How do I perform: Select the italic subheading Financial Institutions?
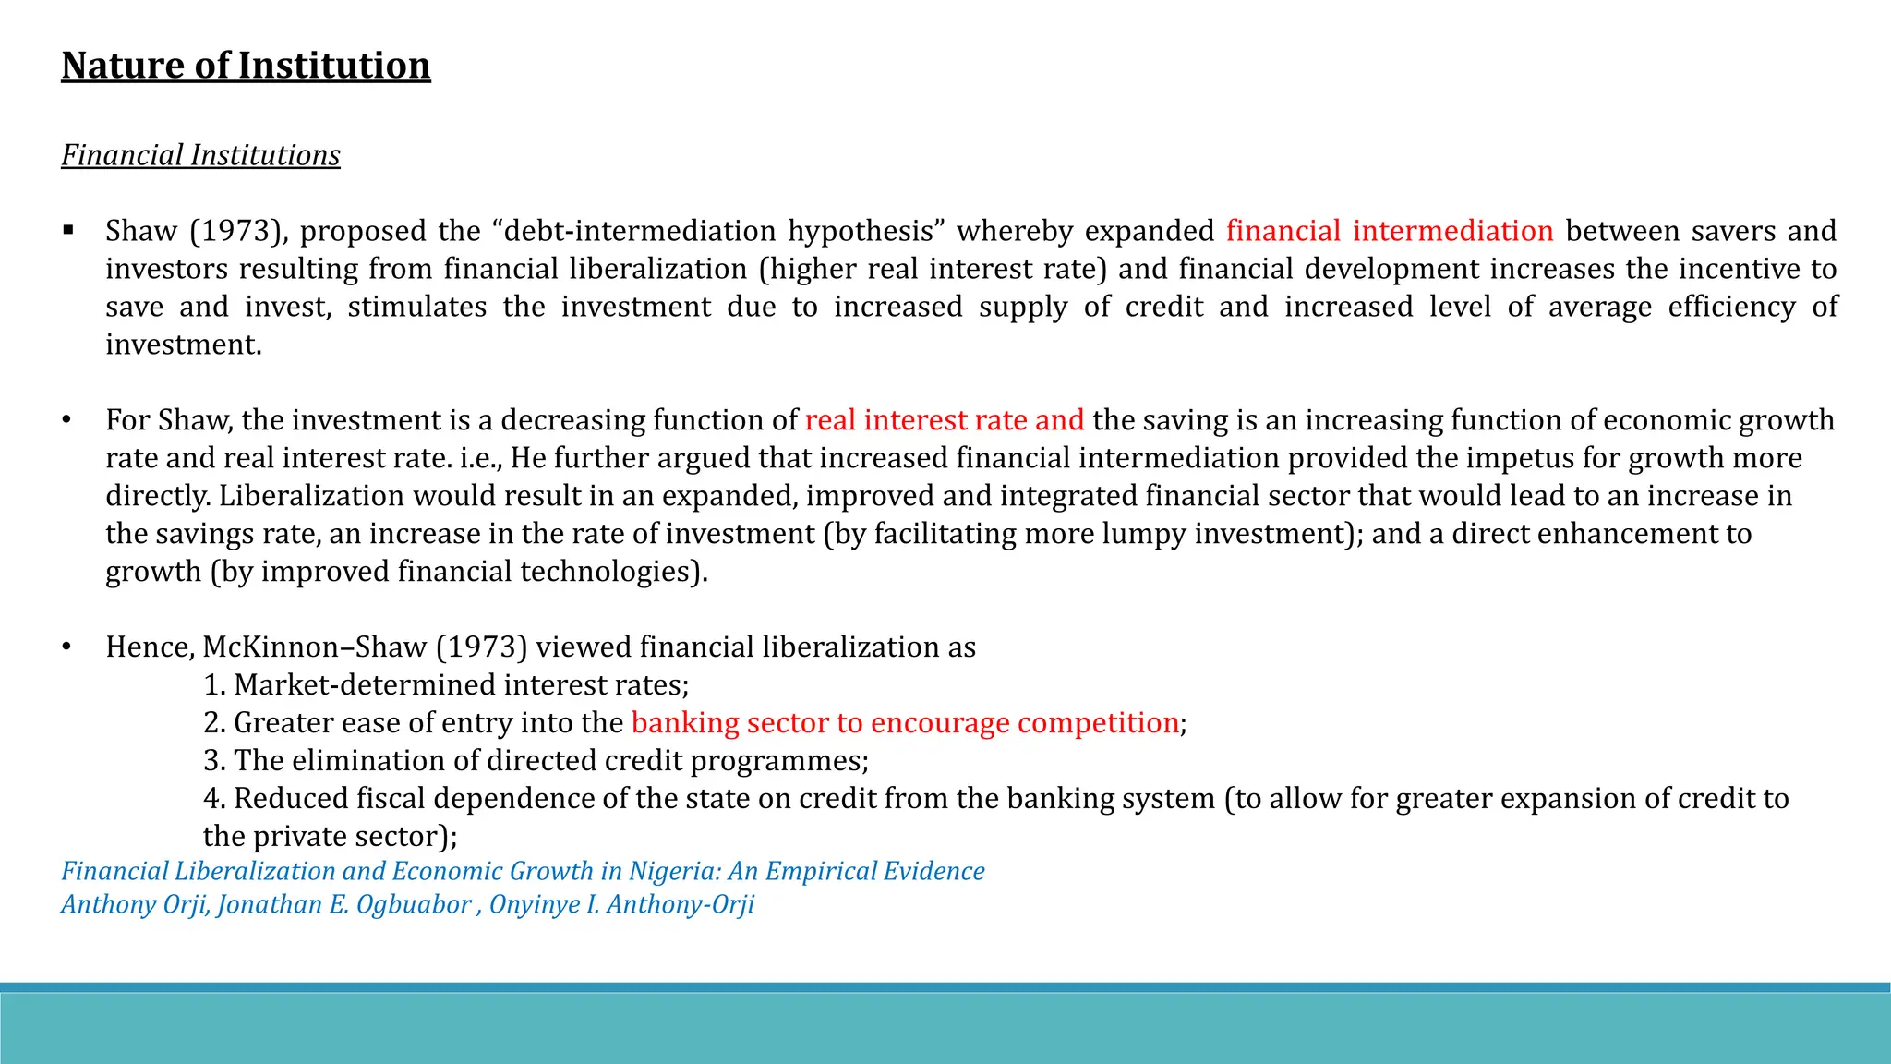pyautogui.click(x=200, y=155)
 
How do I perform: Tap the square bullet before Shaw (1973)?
pyautogui.click(x=68, y=230)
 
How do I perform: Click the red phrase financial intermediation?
pyautogui.click(x=1390, y=231)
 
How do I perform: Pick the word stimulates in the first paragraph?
pyautogui.click(x=417, y=307)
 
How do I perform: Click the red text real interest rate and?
pyautogui.click(x=945, y=420)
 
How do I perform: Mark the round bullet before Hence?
pyautogui.click(x=66, y=647)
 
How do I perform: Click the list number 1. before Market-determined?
pyautogui.click(x=214, y=685)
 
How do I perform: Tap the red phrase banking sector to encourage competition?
pyautogui.click(x=905, y=723)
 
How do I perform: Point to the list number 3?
pyautogui.click(x=214, y=761)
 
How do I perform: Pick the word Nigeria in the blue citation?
pyautogui.click(x=674, y=871)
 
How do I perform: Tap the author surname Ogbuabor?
pyautogui.click(x=414, y=904)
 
